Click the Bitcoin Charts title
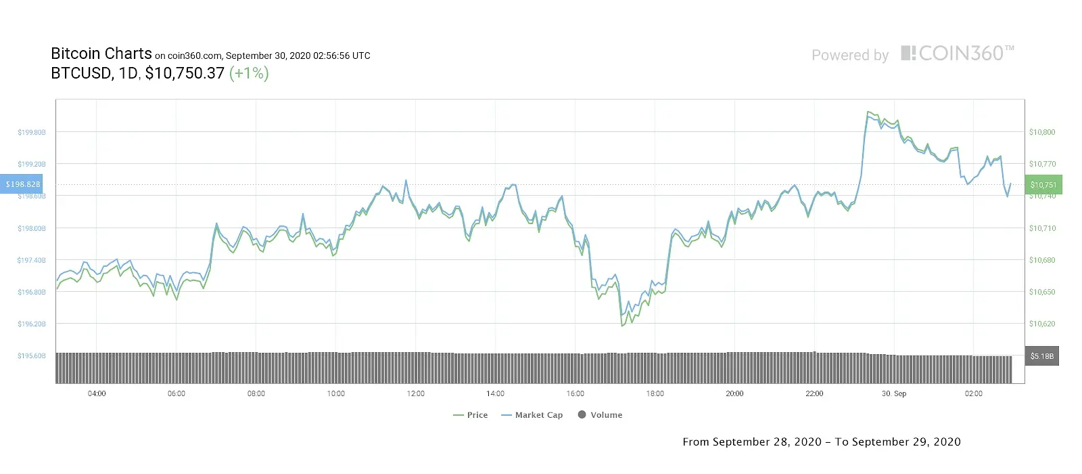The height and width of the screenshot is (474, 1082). tap(101, 54)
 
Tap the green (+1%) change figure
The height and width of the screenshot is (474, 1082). tap(249, 73)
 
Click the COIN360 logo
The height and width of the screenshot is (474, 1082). tap(957, 53)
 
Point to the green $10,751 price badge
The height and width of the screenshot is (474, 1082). tap(1043, 185)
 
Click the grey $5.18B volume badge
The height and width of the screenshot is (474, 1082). tap(1041, 356)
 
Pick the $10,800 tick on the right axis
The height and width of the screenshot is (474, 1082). tap(1041, 132)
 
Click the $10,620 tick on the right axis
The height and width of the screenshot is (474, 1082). tap(1041, 324)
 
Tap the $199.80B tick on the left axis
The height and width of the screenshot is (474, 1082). tap(32, 132)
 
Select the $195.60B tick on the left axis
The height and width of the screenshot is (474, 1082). tap(32, 355)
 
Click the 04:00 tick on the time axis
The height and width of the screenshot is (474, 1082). tap(97, 393)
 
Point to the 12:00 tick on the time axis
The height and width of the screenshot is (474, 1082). tap(416, 393)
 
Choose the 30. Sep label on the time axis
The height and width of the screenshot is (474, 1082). tap(894, 393)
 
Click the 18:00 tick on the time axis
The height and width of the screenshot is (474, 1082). tap(655, 393)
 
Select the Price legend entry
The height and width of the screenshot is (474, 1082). tap(471, 415)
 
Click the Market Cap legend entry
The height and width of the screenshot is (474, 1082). tap(532, 415)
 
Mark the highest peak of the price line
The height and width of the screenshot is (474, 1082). tap(868, 112)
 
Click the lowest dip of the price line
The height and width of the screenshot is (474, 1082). tap(621, 326)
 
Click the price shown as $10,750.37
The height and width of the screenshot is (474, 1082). tap(185, 73)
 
